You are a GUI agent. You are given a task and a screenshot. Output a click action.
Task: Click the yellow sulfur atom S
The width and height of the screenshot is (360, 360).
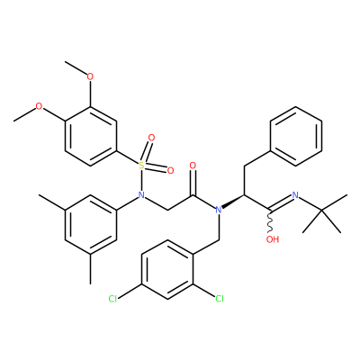[141, 165]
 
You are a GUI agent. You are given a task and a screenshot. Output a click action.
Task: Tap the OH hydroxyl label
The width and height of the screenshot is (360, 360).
[273, 239]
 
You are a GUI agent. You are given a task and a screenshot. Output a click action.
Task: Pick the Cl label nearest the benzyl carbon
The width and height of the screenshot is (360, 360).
[220, 299]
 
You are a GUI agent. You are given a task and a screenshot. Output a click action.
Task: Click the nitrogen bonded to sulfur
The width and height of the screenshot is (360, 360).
[141, 195]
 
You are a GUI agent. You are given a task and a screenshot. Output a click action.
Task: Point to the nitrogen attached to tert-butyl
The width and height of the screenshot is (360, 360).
[295, 195]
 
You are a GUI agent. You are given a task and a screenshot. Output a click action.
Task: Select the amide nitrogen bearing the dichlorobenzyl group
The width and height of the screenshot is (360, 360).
[219, 210]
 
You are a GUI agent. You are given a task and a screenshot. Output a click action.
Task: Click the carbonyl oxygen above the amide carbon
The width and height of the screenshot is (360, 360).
[193, 166]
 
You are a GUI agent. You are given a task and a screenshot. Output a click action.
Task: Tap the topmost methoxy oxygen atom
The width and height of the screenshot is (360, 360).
[90, 76]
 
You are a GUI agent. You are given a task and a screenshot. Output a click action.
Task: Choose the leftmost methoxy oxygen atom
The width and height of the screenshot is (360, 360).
[39, 106]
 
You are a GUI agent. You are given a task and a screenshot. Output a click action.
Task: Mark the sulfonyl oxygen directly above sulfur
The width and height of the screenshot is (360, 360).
[151, 139]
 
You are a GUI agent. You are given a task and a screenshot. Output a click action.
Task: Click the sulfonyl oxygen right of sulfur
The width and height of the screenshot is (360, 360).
[170, 171]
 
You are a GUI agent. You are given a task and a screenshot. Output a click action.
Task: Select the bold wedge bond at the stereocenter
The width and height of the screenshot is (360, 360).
[233, 201]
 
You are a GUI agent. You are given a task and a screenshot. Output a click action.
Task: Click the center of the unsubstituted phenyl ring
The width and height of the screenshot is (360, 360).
[296, 136]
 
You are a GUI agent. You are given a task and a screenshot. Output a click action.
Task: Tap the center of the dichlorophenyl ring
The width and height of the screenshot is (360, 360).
[167, 269]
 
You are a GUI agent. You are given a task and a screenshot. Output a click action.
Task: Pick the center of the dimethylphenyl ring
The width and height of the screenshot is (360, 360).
[90, 225]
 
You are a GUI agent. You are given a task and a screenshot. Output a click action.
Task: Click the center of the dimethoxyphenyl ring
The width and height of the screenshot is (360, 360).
[90, 136]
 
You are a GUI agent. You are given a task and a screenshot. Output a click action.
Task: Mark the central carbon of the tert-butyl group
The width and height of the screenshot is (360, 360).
[321, 210]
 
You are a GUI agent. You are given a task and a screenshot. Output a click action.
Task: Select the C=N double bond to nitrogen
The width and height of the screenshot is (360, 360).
[281, 202]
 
